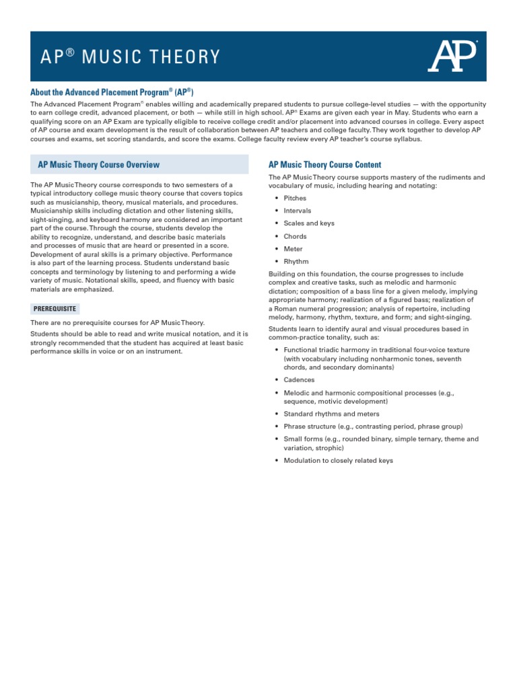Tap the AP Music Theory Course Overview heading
coord(99,164)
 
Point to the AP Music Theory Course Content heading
coord(324,164)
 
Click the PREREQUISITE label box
coord(55,309)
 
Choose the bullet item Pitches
coord(295,198)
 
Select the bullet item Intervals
coord(298,211)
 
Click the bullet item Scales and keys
coord(309,223)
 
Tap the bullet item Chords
coord(295,236)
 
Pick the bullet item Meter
coord(294,249)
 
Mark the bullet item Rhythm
coord(296,262)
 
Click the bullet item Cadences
coord(299,380)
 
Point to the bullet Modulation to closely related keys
coord(338,461)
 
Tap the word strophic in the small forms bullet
coord(331,447)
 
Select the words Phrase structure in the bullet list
coord(309,427)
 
